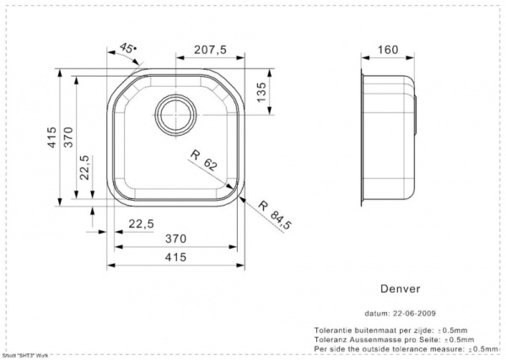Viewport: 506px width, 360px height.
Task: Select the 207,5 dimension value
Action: (210, 50)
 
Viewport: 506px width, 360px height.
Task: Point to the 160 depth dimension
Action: (388, 50)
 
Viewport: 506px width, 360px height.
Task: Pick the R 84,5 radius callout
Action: (275, 214)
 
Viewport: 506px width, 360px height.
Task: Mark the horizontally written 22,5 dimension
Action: (141, 223)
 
